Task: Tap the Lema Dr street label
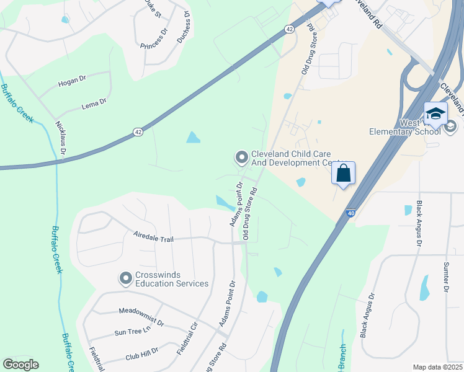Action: coord(94,106)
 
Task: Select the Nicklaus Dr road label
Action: coord(63,138)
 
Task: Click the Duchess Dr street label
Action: coord(184,29)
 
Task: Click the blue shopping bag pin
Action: coord(343,174)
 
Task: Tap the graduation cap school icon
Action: coord(435,113)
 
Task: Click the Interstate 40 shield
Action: coord(351,213)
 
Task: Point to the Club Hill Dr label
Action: coord(142,354)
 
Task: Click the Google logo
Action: coord(20,365)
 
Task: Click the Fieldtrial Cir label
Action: coord(187,339)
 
